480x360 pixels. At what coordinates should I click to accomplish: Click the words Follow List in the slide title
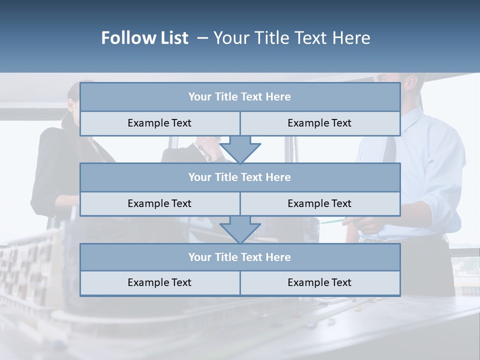[145, 38]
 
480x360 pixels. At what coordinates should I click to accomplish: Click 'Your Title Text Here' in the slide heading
[291, 38]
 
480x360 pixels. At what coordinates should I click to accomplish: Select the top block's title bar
[239, 97]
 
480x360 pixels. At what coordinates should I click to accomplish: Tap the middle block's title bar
[239, 177]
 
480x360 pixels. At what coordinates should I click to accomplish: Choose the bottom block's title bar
[239, 257]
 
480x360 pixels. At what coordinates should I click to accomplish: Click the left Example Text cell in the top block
[159, 123]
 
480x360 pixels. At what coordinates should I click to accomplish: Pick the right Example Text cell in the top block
[319, 123]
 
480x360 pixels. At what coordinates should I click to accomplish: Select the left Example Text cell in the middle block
[159, 203]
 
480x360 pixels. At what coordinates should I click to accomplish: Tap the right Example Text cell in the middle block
[319, 203]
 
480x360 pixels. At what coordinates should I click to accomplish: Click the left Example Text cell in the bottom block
[159, 283]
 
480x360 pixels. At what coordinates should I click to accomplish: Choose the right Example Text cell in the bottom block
[319, 283]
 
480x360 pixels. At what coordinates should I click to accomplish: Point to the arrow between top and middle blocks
[240, 149]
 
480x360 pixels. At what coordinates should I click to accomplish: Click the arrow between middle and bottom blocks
[240, 229]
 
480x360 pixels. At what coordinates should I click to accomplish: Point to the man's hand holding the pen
[365, 225]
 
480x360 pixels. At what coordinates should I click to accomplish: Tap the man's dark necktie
[390, 145]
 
